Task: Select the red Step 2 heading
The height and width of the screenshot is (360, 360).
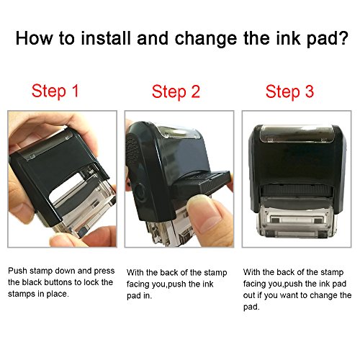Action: (x=176, y=91)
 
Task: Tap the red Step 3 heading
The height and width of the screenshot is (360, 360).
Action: (x=290, y=91)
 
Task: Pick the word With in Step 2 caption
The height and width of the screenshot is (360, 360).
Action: (x=135, y=273)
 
